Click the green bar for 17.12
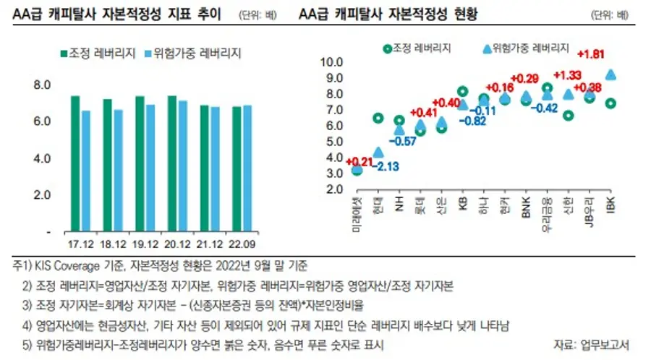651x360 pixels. pyautogui.click(x=75, y=163)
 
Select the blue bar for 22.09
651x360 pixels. pyautogui.click(x=247, y=168)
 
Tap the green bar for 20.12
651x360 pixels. pyautogui.click(x=172, y=163)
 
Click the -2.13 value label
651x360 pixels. pyautogui.click(x=387, y=166)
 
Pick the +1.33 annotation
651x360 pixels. pyautogui.click(x=568, y=75)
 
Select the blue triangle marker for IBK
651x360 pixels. pyautogui.click(x=610, y=74)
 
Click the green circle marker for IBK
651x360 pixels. pyautogui.click(x=610, y=103)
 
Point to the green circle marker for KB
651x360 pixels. pyautogui.click(x=463, y=91)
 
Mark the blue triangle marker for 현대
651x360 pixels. pyautogui.click(x=378, y=153)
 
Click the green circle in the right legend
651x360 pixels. pyautogui.click(x=388, y=48)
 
